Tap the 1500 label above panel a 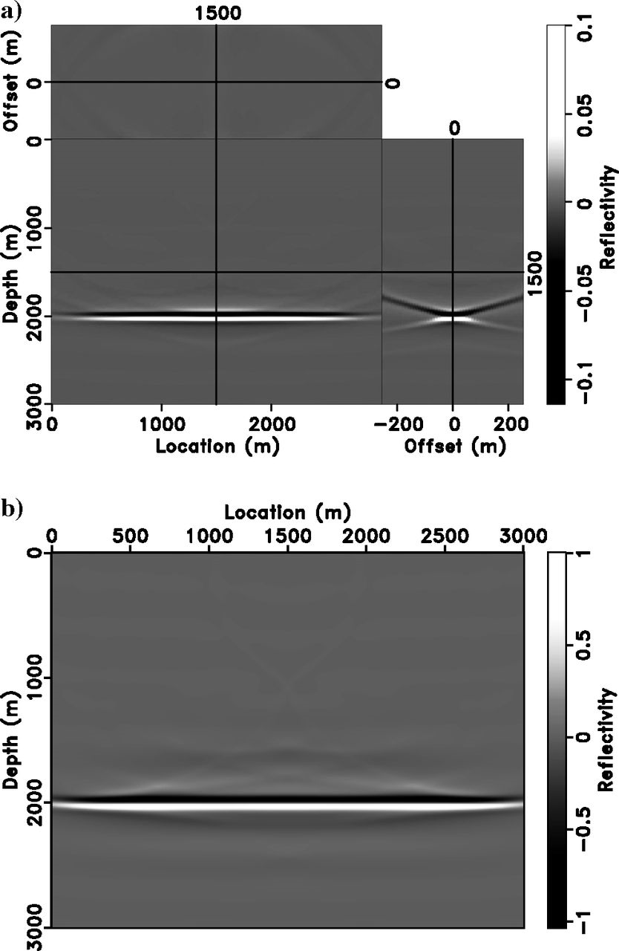pos(216,13)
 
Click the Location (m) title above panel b pos(287,512)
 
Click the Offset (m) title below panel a pos(452,447)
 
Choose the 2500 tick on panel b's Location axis pos(445,536)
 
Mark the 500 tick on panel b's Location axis pos(130,536)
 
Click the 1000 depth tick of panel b pos(34,678)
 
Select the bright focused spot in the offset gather pos(453,318)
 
